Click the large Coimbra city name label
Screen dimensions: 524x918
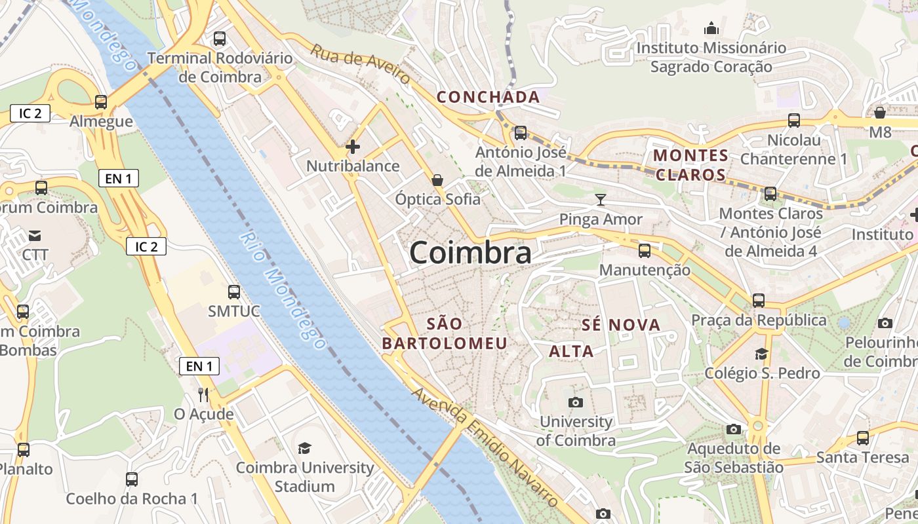click(x=470, y=253)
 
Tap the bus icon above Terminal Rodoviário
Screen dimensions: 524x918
click(x=220, y=39)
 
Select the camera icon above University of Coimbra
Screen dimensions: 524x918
click(x=576, y=402)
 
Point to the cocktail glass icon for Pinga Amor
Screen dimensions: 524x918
click(x=601, y=200)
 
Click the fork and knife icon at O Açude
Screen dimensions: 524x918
click(x=203, y=394)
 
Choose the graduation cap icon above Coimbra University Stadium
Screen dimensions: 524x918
click(x=304, y=448)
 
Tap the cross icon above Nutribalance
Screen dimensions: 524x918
click(x=353, y=147)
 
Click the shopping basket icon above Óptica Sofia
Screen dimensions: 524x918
click(x=437, y=179)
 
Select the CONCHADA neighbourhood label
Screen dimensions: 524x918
click(x=489, y=97)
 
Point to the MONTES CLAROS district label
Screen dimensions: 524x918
click(x=691, y=165)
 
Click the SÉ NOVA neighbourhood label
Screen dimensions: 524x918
click(x=621, y=325)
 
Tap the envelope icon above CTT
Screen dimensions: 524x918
click(x=35, y=235)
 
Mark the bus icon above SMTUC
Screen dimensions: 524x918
click(x=234, y=292)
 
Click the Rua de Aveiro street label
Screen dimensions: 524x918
click(x=361, y=64)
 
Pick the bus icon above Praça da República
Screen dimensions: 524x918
click(x=759, y=301)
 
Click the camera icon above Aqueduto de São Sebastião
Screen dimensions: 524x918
click(x=734, y=429)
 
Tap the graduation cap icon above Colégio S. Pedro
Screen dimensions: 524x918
click(x=761, y=354)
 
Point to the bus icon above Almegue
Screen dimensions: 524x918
click(x=101, y=102)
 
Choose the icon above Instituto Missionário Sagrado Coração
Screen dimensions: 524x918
click(x=711, y=29)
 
